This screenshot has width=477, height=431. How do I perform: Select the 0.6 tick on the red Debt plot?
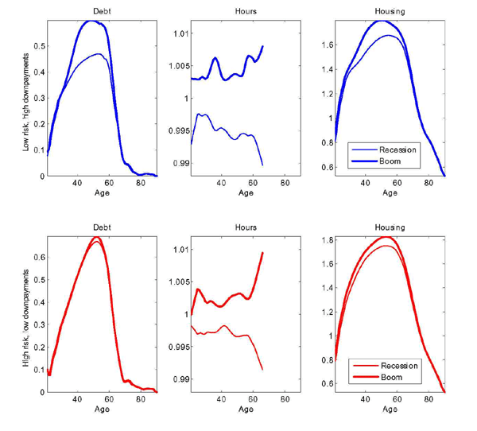pos(36,258)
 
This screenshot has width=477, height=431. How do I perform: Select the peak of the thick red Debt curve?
pos(96,237)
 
